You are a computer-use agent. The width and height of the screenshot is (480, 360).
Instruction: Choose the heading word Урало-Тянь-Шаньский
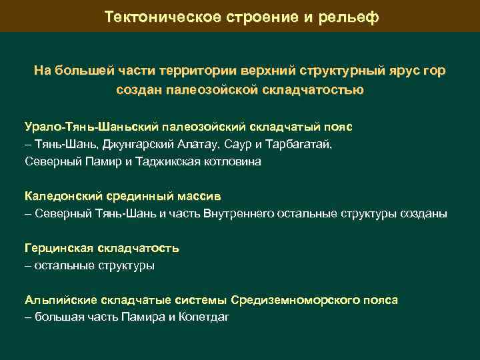[89, 126]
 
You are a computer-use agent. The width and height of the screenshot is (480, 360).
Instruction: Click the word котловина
[229, 161]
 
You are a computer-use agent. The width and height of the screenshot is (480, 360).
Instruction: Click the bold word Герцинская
[59, 248]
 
